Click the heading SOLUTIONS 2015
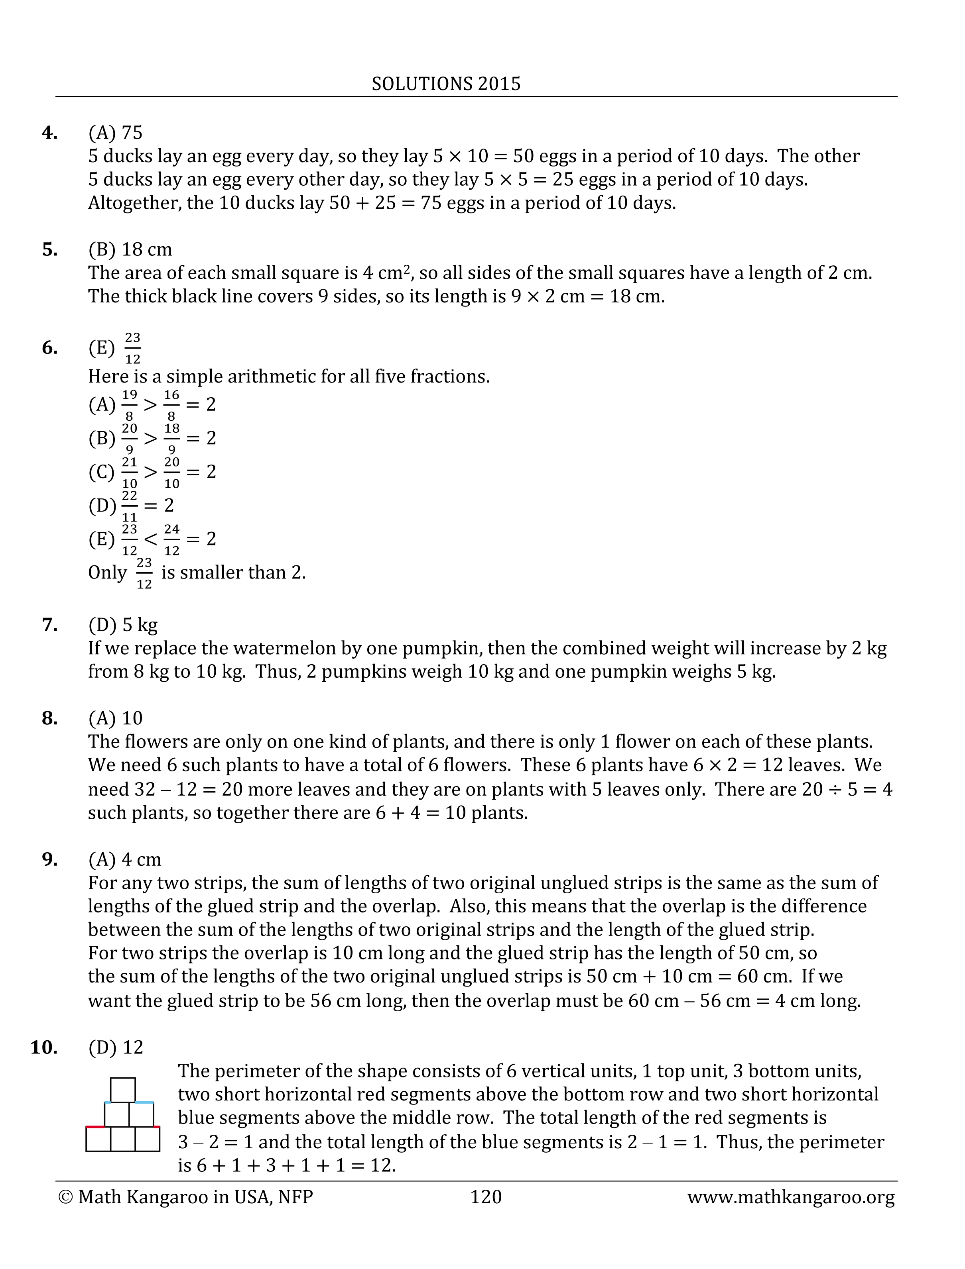point(446,84)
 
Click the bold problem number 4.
point(49,133)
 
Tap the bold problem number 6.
point(49,347)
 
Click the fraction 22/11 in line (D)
point(130,506)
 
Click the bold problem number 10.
point(43,1047)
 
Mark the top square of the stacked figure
point(123,1090)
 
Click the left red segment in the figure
point(95,1127)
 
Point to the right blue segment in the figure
point(145,1102)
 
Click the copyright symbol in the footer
point(65,1197)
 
